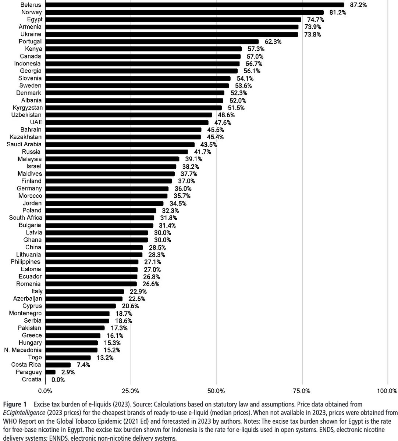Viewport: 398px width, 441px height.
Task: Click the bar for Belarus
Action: coord(194,5)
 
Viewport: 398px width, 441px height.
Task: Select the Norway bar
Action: coord(184,12)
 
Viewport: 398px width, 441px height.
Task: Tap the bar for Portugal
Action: coord(152,42)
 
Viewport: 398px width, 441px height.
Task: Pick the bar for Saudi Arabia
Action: coord(120,144)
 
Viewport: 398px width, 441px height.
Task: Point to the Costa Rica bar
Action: coord(58,365)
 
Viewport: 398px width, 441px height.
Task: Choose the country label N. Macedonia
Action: coord(23,350)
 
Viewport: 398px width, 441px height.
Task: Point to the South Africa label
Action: coord(25,218)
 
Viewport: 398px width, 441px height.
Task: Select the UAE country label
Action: coord(36,122)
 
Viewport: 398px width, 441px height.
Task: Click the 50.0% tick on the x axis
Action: coord(216,390)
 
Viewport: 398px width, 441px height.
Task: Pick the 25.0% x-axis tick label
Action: coord(131,390)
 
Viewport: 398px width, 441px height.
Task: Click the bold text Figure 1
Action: coord(14,404)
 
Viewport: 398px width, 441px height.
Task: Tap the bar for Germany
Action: coord(107,189)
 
